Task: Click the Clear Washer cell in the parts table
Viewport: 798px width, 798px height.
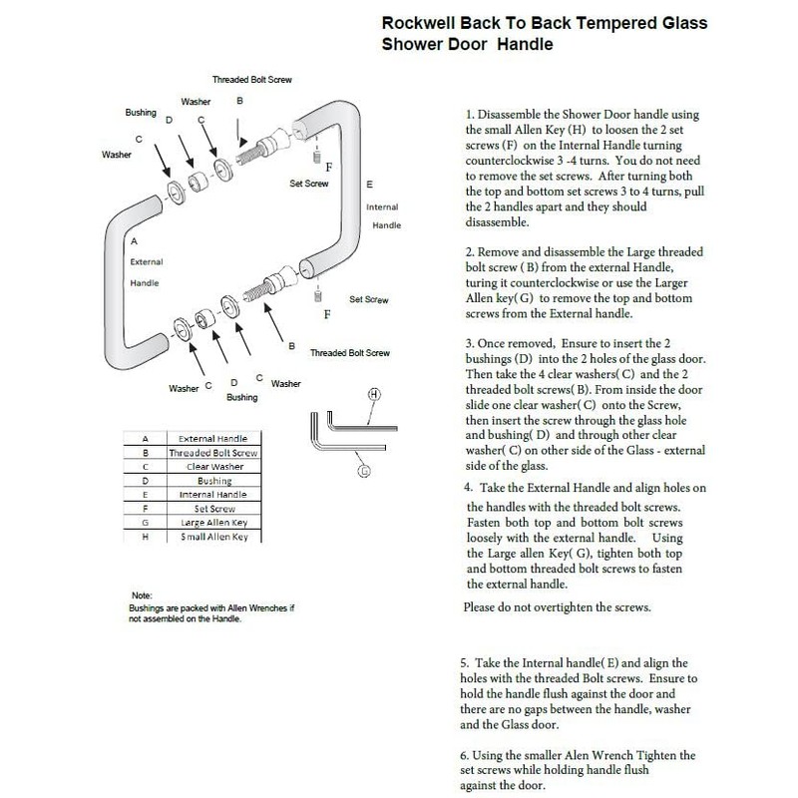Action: tap(213, 466)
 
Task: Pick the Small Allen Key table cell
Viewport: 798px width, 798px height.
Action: tap(213, 538)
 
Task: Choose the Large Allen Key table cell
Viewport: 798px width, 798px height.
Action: tap(213, 523)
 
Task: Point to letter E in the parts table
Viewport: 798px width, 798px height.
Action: tap(146, 495)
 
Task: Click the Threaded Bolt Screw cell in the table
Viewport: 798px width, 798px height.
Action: tap(213, 452)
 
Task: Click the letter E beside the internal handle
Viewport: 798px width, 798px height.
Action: tap(370, 185)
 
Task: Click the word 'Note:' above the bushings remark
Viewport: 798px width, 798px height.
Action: tap(142, 596)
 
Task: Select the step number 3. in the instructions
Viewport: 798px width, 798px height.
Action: tap(470, 342)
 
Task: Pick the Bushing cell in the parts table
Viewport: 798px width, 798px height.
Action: tap(213, 481)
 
